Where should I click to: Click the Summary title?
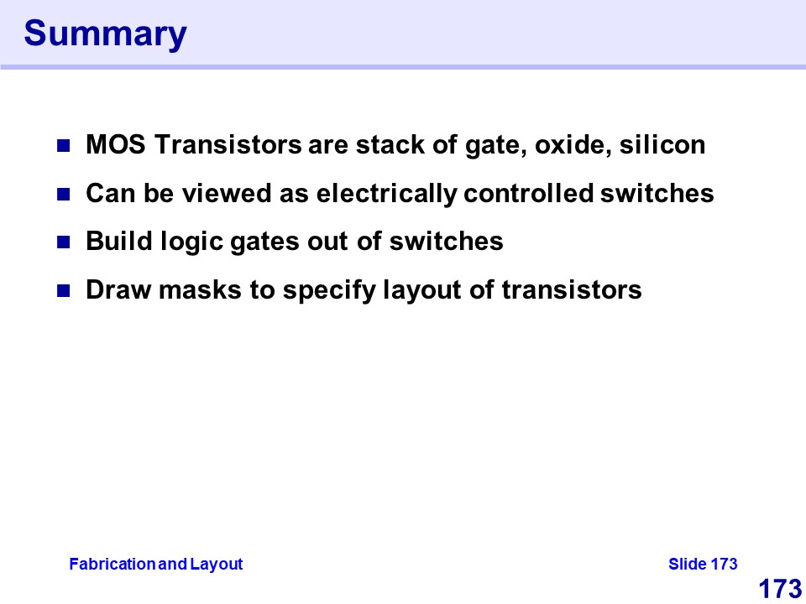click(x=106, y=34)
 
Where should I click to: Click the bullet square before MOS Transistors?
click(x=63, y=146)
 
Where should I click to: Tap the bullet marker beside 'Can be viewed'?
click(x=63, y=194)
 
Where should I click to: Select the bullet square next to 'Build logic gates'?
click(x=63, y=242)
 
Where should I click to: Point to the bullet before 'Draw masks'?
click(x=63, y=291)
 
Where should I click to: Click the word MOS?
click(x=116, y=144)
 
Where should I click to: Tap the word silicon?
click(x=662, y=144)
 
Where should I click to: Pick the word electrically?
click(x=386, y=194)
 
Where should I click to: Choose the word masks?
click(x=200, y=289)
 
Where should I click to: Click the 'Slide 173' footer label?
click(x=703, y=564)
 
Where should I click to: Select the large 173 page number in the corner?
click(x=780, y=589)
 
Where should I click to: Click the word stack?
click(x=390, y=144)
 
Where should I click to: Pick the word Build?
click(x=119, y=241)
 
